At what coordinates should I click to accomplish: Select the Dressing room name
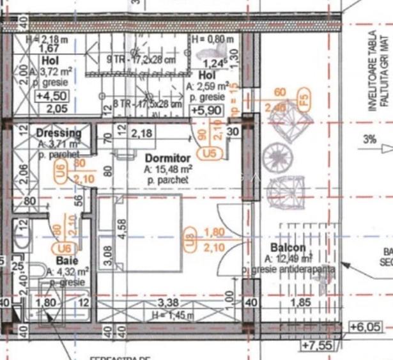click(x=59, y=134)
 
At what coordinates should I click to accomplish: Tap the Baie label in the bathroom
click(x=66, y=261)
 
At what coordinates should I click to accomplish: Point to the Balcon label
click(x=288, y=248)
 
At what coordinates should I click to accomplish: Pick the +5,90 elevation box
click(x=206, y=110)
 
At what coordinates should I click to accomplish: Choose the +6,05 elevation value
click(x=366, y=327)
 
